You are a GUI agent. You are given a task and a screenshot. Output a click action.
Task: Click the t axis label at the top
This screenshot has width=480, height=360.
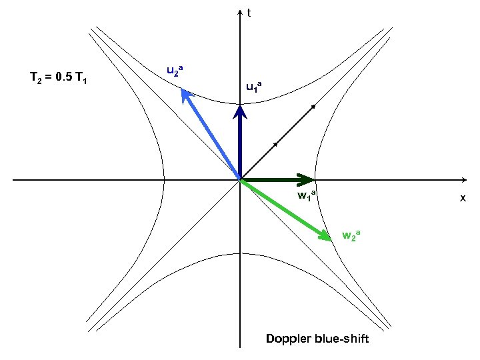pyautogui.click(x=249, y=12)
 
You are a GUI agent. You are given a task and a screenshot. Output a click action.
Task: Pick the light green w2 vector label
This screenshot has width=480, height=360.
pyautogui.click(x=351, y=234)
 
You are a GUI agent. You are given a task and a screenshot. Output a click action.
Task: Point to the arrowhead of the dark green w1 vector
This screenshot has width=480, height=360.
pyautogui.click(x=308, y=179)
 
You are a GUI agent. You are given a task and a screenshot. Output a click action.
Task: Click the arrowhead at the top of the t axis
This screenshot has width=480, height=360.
pyautogui.click(x=240, y=13)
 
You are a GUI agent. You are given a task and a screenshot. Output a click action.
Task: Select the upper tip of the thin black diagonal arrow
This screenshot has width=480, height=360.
pyautogui.click(x=313, y=106)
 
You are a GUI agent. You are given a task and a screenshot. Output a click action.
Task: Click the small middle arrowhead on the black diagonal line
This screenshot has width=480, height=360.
pyautogui.click(x=275, y=144)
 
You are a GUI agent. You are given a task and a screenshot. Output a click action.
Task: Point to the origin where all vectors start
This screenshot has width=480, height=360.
pyautogui.click(x=240, y=180)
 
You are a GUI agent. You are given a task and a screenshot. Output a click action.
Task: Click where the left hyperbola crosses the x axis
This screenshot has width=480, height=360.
pyautogui.click(x=164, y=180)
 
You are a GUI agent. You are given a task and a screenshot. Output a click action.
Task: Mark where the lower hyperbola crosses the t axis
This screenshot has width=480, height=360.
pyautogui.click(x=240, y=253)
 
